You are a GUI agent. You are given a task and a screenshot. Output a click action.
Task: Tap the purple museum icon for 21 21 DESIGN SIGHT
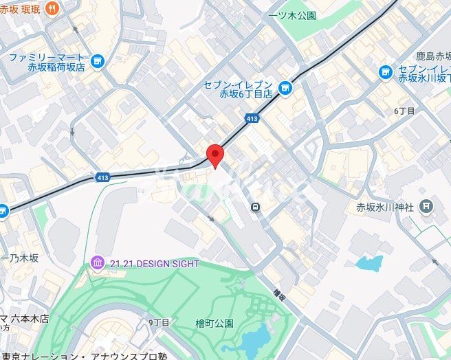[96, 263]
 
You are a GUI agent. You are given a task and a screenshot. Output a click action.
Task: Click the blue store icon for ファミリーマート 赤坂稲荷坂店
[98, 62]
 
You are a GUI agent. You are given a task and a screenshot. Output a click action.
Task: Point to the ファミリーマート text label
[48, 58]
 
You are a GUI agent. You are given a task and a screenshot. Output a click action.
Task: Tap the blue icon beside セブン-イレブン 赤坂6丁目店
[284, 87]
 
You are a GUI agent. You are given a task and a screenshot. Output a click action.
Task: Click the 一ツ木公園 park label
[293, 15]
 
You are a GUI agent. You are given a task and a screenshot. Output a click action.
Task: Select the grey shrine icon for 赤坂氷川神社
[427, 205]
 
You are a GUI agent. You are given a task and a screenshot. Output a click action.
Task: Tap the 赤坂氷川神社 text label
[384, 206]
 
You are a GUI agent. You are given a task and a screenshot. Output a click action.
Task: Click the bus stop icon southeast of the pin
[255, 205]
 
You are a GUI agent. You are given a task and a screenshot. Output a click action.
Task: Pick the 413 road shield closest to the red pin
[252, 119]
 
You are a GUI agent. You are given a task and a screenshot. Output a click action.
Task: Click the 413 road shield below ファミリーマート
[103, 177]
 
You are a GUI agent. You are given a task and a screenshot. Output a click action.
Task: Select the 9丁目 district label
[159, 322]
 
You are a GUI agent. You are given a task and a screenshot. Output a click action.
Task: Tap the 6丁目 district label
[404, 111]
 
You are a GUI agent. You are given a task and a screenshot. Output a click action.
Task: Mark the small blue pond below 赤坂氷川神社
[369, 263]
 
